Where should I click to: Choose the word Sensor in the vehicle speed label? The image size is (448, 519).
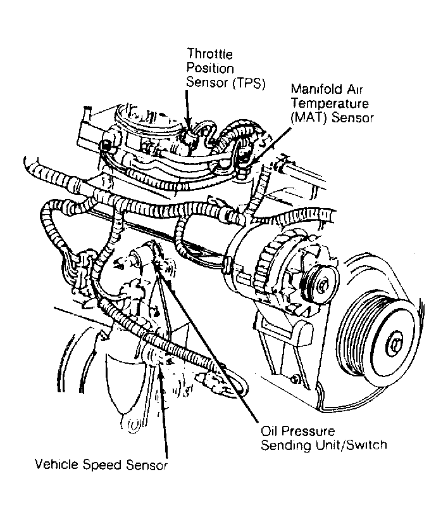point(147,466)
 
